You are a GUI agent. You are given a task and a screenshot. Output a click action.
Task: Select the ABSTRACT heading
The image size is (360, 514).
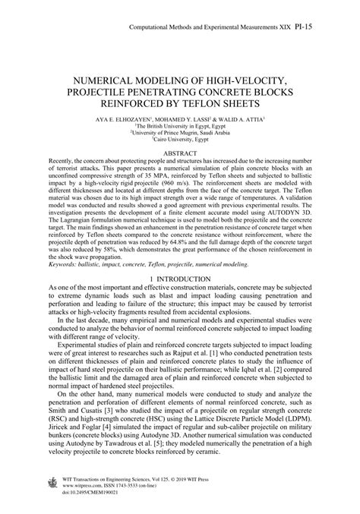coord(180,131)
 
